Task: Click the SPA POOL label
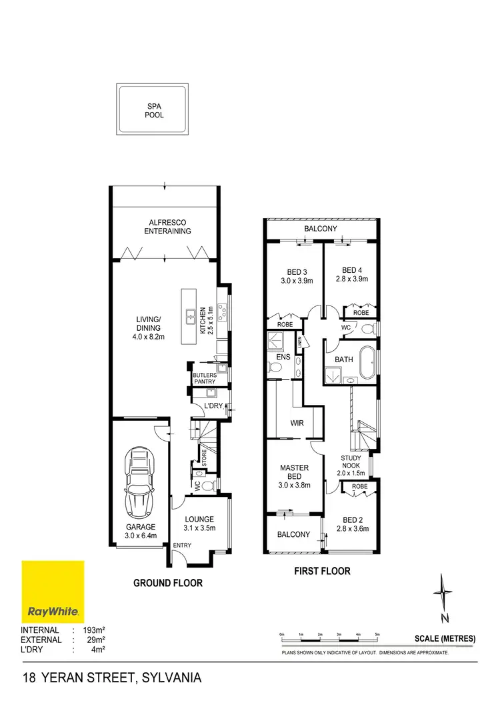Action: [155, 110]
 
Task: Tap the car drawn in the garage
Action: [140, 483]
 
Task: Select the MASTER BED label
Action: [294, 472]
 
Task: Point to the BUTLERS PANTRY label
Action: [205, 378]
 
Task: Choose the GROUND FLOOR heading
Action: [168, 582]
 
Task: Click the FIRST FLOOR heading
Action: [323, 571]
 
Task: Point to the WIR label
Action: [297, 423]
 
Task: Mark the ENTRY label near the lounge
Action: [181, 546]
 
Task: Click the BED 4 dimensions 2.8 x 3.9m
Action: [351, 279]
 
